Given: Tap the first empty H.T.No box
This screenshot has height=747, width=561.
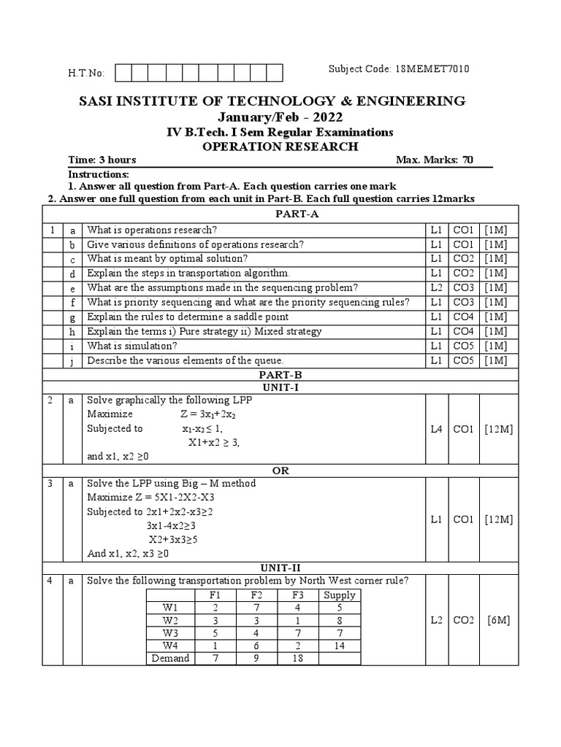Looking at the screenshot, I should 123,72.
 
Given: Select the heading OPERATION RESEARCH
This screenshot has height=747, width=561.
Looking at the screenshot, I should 280,146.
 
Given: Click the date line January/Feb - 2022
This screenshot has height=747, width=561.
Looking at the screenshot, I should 280,117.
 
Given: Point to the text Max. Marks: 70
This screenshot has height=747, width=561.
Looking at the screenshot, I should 434,160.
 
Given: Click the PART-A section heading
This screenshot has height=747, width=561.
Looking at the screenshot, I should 280,214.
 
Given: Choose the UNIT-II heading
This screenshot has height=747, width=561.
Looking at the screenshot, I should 280,567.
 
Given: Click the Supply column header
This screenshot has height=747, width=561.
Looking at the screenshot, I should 339,595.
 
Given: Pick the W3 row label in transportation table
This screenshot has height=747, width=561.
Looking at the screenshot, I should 170,632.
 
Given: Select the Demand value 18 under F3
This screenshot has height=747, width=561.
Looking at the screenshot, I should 297,658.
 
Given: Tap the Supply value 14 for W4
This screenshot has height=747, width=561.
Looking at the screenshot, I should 339,645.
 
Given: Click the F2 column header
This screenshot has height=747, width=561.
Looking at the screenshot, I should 254,595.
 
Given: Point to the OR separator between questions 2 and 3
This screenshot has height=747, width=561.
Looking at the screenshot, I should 280,471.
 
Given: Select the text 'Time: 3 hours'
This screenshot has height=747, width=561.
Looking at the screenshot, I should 102,160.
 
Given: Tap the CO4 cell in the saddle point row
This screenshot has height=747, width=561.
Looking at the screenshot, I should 463,317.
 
